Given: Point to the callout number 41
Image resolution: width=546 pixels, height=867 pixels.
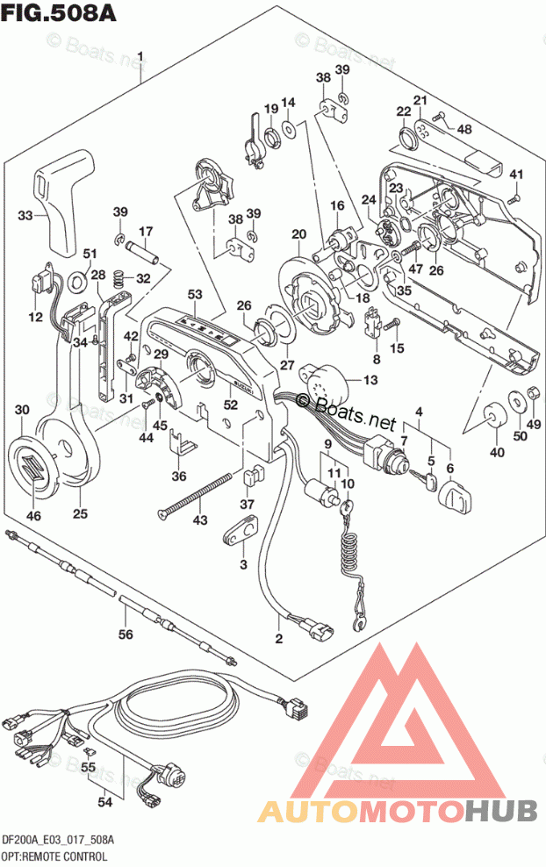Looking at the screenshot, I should pos(516,173).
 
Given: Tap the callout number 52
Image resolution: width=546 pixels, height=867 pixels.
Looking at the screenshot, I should pos(231,405).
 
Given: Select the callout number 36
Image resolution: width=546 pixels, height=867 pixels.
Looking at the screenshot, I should pos(179,476).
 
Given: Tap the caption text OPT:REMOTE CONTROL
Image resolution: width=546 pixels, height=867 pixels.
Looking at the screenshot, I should pos(54,855).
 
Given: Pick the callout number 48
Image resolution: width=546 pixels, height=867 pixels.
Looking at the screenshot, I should pos(464,129).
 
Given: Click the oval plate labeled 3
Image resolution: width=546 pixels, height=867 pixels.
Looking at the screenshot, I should pos(243,528).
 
